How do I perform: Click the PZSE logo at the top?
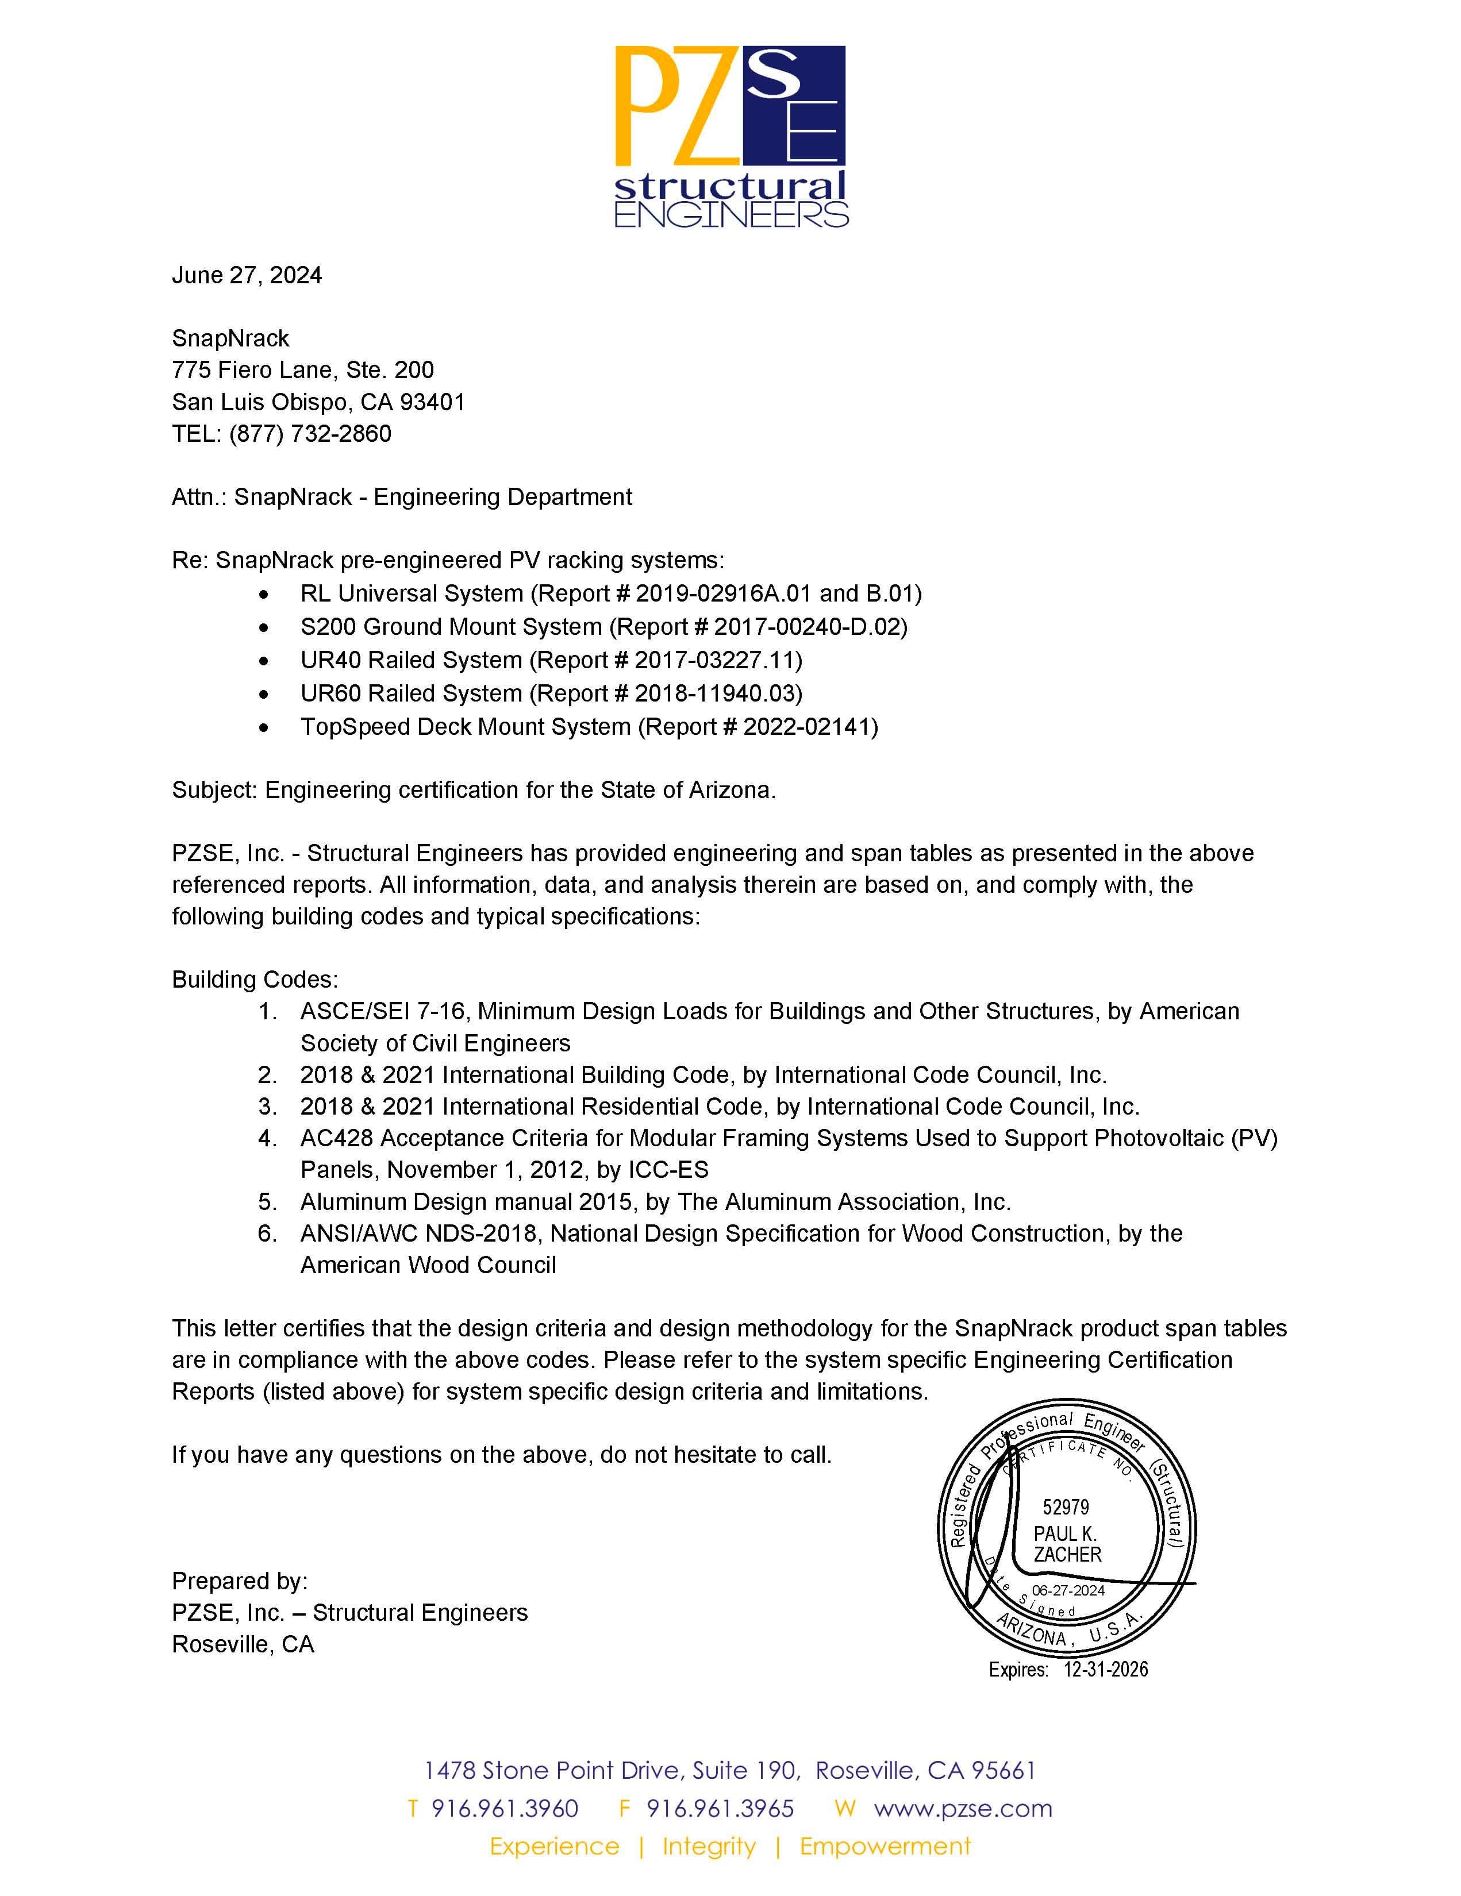730,136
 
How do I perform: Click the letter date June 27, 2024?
247,275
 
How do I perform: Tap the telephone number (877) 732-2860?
310,433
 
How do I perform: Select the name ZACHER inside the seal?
1067,1555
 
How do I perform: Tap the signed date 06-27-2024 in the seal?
1068,1590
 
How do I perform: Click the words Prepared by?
240,1581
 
